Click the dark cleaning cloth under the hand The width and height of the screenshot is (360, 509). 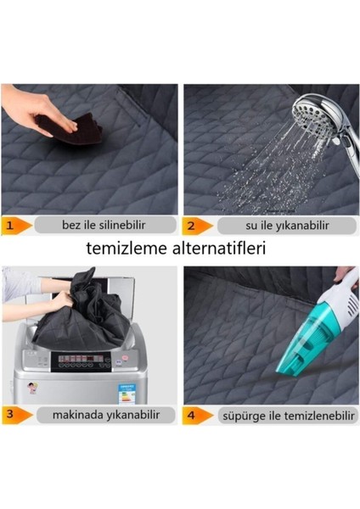coord(70,129)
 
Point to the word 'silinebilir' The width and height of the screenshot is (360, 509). coord(122,225)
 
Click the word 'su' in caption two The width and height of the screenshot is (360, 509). coord(250,226)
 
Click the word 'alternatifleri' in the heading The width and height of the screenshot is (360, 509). coord(220,249)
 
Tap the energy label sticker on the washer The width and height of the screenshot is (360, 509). coord(127,394)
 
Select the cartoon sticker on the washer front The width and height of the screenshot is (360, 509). coord(32,388)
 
